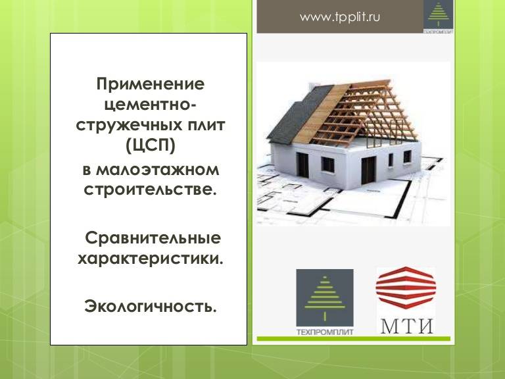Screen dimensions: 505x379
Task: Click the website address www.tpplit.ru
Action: coord(340,16)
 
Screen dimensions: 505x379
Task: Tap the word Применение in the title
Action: coord(151,84)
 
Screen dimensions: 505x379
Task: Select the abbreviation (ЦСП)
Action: coord(151,145)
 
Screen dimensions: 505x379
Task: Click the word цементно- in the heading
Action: coord(150,105)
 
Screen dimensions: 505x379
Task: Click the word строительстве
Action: coord(150,189)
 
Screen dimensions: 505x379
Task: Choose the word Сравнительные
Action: coord(153,238)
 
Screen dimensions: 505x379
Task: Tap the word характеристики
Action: coord(151,259)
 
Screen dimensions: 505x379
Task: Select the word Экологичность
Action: coord(151,306)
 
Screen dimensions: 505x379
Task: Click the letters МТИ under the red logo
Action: coord(407,326)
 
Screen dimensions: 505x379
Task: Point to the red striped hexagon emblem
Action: coord(406,288)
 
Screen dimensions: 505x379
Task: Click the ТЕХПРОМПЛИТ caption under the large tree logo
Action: coord(325,332)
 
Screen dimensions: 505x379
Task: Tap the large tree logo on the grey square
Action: coord(325,298)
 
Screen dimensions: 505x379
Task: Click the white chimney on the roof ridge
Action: coord(312,86)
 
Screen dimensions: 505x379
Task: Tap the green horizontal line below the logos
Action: coord(353,338)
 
